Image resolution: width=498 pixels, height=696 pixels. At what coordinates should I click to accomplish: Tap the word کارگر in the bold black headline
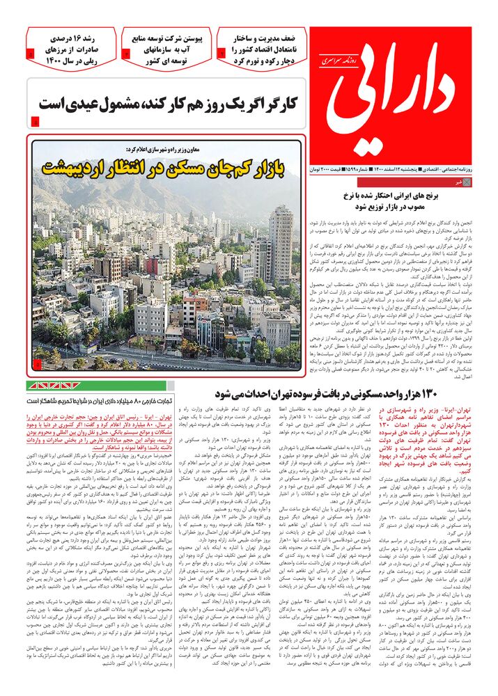click(274, 104)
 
